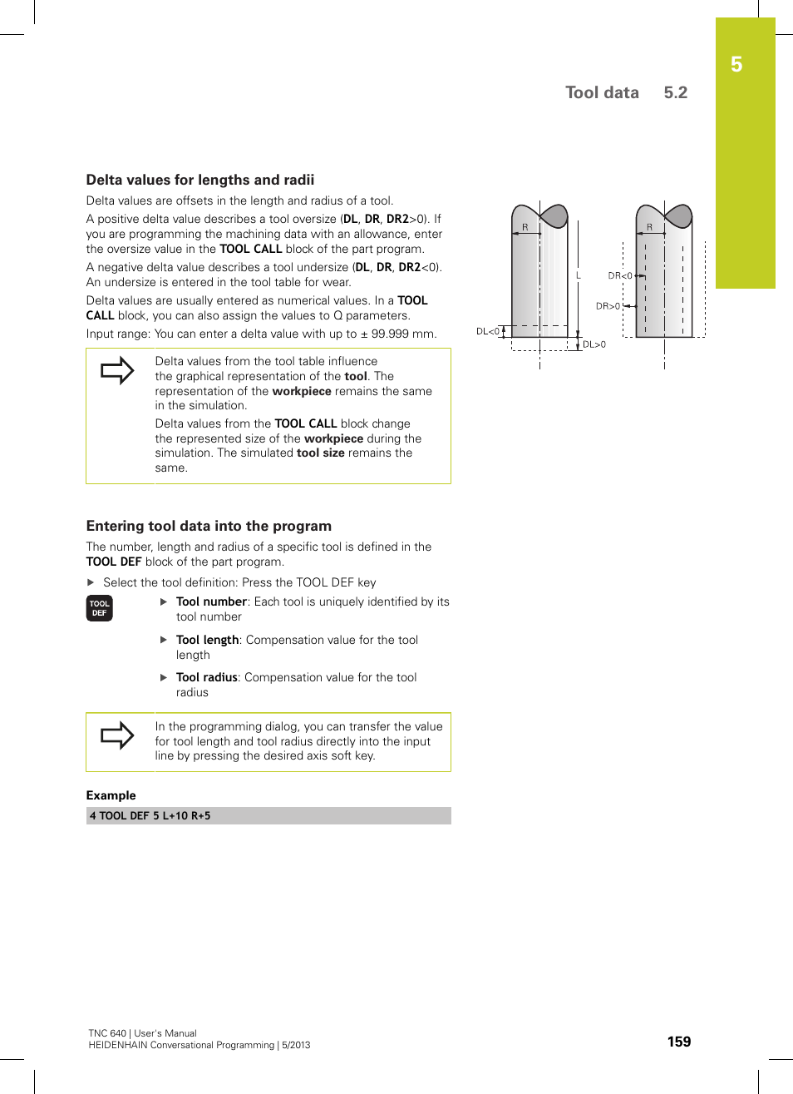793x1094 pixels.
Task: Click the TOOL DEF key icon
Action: pyautogui.click(x=99, y=608)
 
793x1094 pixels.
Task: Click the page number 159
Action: pyautogui.click(x=678, y=1042)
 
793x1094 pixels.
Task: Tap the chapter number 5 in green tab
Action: pyautogui.click(x=736, y=65)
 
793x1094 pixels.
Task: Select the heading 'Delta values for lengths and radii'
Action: pyautogui.click(x=200, y=180)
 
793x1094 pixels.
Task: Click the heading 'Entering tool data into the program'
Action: pyautogui.click(x=209, y=526)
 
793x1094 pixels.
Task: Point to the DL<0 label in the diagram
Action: pyautogui.click(x=487, y=331)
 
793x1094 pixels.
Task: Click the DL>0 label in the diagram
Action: pyautogui.click(x=594, y=344)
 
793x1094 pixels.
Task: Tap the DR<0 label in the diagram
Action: pyautogui.click(x=619, y=275)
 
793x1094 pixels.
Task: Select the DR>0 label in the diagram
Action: pyautogui.click(x=608, y=306)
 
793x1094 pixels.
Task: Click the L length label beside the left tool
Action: pyautogui.click(x=579, y=275)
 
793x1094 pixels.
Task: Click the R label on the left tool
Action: pyautogui.click(x=525, y=227)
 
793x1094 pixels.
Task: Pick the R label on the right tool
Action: pyautogui.click(x=649, y=227)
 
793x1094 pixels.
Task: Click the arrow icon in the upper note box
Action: pyautogui.click(x=117, y=370)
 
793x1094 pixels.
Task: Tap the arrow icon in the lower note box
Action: pyautogui.click(x=117, y=735)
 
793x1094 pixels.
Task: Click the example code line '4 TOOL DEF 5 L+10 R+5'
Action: pyautogui.click(x=150, y=816)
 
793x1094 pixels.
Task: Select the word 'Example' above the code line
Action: pyautogui.click(x=111, y=795)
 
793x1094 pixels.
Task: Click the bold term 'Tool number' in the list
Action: pyautogui.click(x=211, y=601)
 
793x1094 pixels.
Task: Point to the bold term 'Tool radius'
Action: pyautogui.click(x=206, y=677)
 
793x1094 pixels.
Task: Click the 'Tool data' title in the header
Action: pyautogui.click(x=602, y=92)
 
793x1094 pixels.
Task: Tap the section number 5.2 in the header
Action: pyautogui.click(x=675, y=92)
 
